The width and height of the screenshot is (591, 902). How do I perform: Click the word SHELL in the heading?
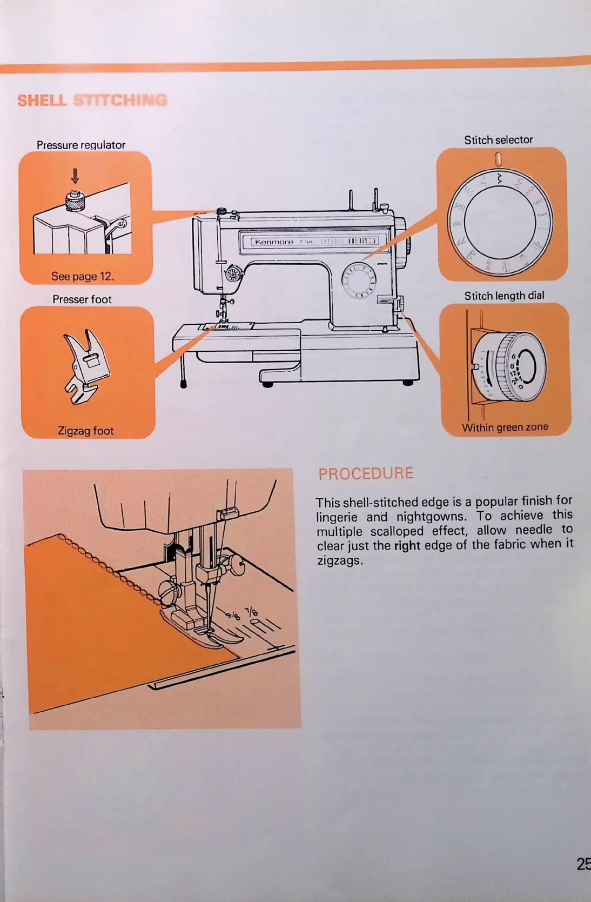pos(42,101)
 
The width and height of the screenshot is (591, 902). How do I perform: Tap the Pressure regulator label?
pos(81,145)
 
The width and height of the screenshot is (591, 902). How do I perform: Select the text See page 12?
pos(83,276)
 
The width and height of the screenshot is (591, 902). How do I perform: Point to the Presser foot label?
pos(82,299)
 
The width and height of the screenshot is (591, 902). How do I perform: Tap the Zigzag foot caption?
pos(86,431)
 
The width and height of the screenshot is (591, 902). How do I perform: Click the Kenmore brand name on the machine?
pos(274,242)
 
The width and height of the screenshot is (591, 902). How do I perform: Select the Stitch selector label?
pos(498,140)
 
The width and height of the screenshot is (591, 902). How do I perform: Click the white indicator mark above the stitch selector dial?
pos(498,159)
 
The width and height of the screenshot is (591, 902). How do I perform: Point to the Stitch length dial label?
pos(504,296)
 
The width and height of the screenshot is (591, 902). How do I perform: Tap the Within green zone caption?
pos(505,427)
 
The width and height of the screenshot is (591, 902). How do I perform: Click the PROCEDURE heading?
pos(366,474)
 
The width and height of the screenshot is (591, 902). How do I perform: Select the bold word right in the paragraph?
pos(407,546)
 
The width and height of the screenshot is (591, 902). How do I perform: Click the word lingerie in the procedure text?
pos(337,517)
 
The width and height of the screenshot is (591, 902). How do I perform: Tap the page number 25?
pos(583,864)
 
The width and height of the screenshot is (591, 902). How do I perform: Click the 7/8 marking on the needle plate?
pos(252,612)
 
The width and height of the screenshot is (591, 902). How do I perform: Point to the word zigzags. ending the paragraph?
pos(340,560)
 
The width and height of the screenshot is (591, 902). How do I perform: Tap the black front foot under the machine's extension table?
pos(184,384)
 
